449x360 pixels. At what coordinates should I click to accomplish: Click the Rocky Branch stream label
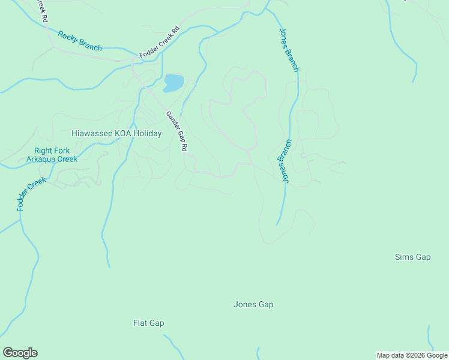point(80,41)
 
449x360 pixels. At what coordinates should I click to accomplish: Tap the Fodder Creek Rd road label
point(160,43)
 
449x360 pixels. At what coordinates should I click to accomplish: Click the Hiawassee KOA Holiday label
point(116,134)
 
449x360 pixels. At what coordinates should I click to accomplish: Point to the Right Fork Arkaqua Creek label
point(52,155)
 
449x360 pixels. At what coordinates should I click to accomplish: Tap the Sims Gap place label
point(412,257)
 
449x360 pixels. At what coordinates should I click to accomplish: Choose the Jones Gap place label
point(253,305)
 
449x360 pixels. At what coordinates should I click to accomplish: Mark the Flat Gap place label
point(148,323)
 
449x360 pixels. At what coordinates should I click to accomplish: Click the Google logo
point(20,353)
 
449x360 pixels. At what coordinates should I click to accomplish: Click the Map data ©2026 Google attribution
point(412,355)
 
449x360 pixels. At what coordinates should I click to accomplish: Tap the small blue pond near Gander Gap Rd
point(173,83)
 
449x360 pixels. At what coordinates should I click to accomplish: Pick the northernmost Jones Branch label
point(289,50)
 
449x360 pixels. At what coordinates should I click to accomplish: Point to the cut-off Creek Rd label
point(42,11)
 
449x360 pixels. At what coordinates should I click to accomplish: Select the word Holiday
point(148,134)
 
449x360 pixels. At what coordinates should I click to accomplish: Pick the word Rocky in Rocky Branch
point(69,37)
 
